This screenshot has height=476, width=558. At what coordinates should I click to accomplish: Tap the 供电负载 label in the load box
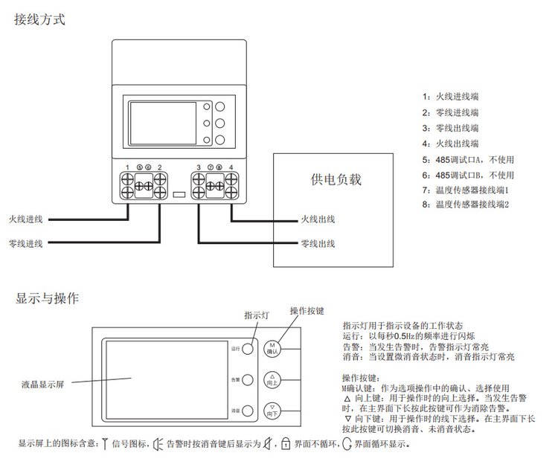[x=336, y=179]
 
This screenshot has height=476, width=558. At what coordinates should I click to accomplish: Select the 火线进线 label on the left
[x=25, y=219]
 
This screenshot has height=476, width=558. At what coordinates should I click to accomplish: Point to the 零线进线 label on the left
[x=25, y=243]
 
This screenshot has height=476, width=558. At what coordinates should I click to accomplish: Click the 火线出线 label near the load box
[x=318, y=219]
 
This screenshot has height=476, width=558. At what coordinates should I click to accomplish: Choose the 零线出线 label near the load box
[x=318, y=243]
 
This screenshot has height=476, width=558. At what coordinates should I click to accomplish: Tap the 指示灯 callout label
[x=255, y=315]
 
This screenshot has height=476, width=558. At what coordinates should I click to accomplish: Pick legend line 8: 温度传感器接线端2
[x=466, y=204]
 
